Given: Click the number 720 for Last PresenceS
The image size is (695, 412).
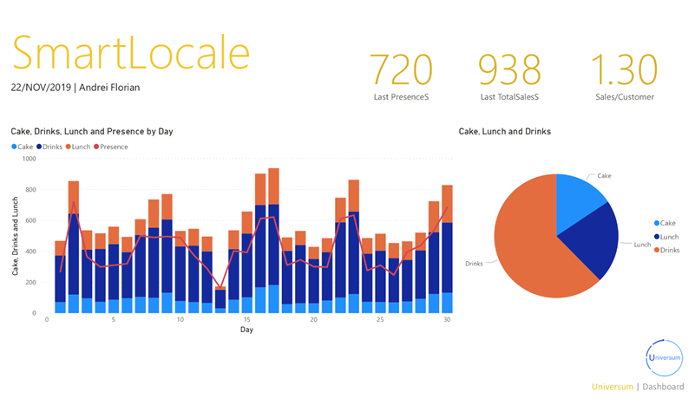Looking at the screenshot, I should click(x=401, y=70).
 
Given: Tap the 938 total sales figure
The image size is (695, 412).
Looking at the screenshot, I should click(x=509, y=70).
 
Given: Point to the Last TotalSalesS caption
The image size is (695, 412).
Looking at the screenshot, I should click(x=509, y=97).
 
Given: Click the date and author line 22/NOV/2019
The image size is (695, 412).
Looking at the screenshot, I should click(x=75, y=88).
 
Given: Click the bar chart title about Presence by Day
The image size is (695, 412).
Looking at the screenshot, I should click(x=92, y=132).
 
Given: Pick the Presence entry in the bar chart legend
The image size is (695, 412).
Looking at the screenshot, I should click(x=113, y=147).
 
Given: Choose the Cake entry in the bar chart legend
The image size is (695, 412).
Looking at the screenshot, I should click(x=24, y=147).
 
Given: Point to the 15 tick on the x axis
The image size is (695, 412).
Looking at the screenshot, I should click(x=246, y=319).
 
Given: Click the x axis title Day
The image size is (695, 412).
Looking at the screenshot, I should click(x=246, y=330).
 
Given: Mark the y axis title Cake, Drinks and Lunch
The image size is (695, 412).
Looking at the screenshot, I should click(x=16, y=236).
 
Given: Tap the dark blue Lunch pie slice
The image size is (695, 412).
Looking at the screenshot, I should click(x=594, y=243).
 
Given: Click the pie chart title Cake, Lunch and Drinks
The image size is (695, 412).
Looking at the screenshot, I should click(x=504, y=132).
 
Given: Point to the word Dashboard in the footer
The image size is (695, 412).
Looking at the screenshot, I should click(x=664, y=387).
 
